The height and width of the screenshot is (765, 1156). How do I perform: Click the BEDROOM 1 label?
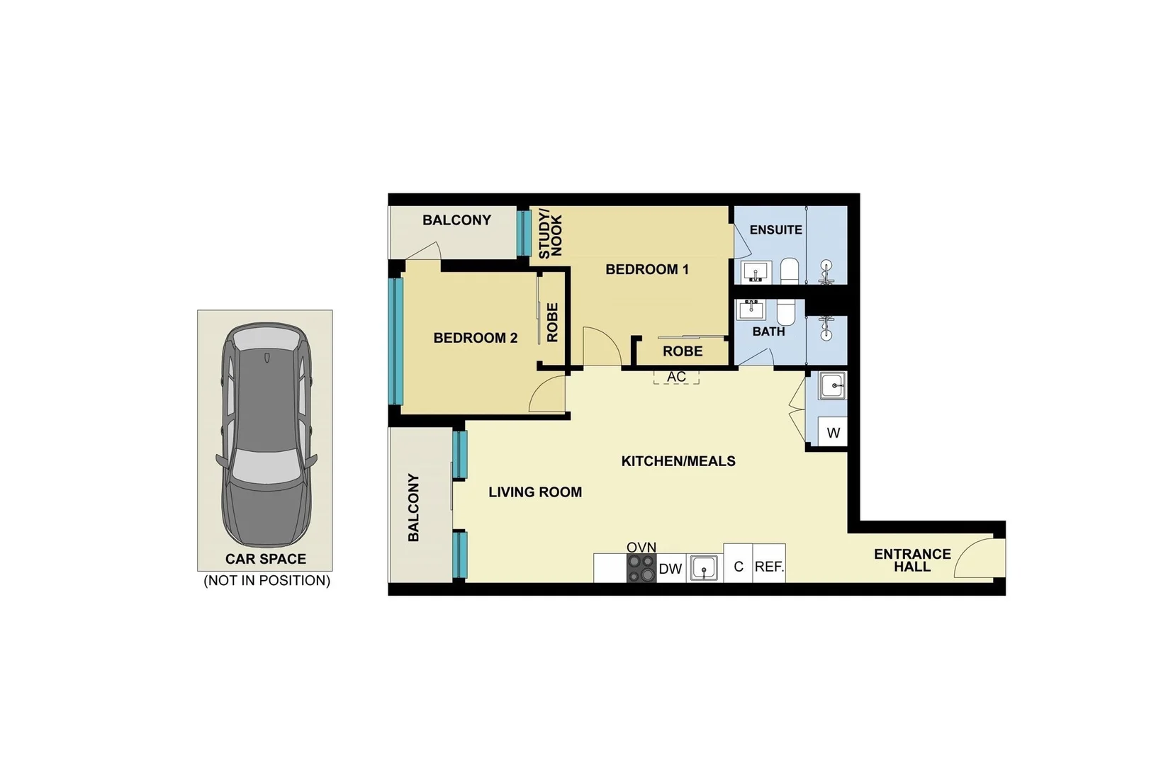tap(646, 269)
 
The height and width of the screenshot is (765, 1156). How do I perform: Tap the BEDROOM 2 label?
tap(475, 338)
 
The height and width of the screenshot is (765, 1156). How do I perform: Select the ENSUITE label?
tap(775, 229)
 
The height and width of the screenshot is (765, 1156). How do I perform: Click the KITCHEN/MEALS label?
tap(678, 461)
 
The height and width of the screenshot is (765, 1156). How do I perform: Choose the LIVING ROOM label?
tap(534, 492)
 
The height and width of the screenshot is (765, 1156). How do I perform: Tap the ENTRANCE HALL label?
tap(911, 560)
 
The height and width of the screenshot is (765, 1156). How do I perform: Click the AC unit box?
tap(676, 377)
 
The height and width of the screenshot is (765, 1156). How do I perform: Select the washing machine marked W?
tap(833, 432)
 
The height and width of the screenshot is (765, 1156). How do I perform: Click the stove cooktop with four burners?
tap(641, 568)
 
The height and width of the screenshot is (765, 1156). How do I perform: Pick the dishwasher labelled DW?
tap(670, 569)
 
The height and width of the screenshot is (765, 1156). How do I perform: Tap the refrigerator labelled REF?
tap(768, 567)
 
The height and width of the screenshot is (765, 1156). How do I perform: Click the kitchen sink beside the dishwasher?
tap(704, 568)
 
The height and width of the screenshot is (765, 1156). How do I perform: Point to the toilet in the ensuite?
tap(790, 271)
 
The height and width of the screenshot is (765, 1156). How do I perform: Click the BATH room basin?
tap(750, 310)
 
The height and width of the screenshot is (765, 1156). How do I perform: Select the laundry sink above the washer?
tap(831, 387)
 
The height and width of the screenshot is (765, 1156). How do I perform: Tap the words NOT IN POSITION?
tap(266, 581)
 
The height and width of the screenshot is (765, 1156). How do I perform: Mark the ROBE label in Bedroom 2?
tap(553, 322)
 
